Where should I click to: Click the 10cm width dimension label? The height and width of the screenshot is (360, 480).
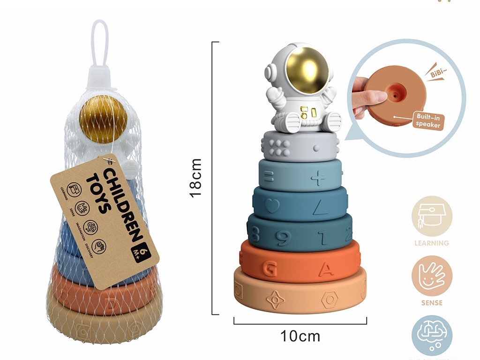[300, 336]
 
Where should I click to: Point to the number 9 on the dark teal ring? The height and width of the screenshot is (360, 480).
[281, 238]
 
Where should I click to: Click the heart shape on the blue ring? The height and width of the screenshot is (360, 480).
[272, 205]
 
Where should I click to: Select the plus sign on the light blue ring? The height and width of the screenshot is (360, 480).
[318, 178]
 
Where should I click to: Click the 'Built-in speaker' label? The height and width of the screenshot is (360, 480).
[428, 121]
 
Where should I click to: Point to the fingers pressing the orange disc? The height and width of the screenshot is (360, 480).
[370, 98]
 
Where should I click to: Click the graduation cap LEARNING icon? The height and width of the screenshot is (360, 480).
[432, 216]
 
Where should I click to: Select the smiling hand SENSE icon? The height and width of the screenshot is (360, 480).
[432, 276]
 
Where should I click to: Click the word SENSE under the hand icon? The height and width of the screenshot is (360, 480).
[432, 303]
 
